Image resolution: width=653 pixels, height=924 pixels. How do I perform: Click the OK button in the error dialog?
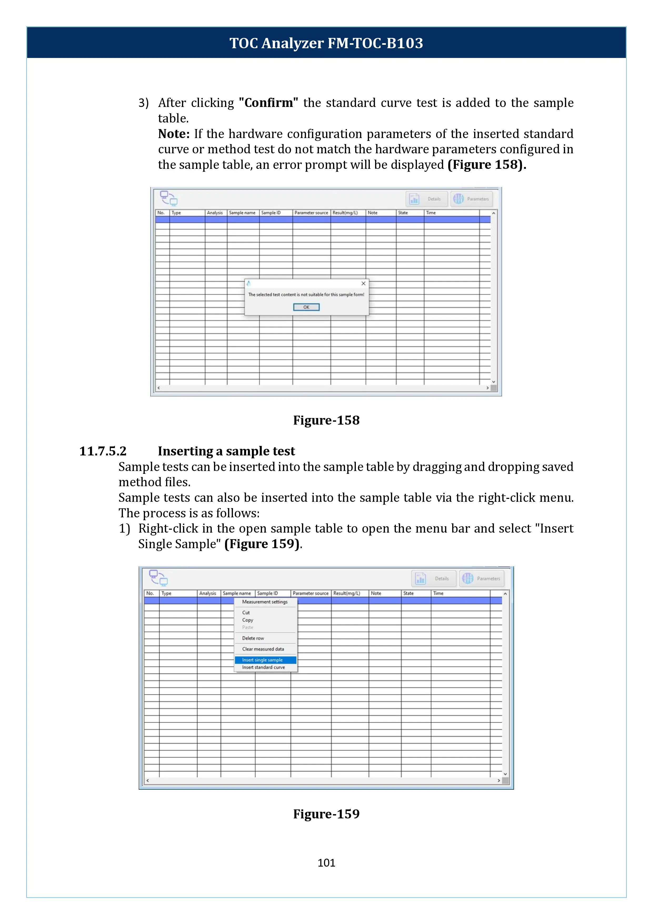(x=306, y=307)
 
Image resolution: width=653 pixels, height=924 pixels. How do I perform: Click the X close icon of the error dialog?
(x=363, y=283)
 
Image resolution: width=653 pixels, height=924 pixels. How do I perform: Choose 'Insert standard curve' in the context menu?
(x=263, y=667)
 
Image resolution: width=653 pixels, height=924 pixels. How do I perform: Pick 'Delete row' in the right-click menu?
(x=253, y=638)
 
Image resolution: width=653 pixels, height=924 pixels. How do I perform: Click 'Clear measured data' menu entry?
(x=263, y=649)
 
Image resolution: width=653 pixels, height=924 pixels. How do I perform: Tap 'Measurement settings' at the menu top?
(x=265, y=602)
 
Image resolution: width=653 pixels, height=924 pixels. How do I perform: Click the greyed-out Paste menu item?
(x=248, y=627)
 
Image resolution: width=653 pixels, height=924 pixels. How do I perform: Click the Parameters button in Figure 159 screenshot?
(x=481, y=578)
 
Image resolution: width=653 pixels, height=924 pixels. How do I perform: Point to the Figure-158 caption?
(x=326, y=420)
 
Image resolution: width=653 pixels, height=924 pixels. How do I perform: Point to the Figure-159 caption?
(x=326, y=814)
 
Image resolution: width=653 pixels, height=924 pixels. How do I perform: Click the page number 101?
(x=326, y=862)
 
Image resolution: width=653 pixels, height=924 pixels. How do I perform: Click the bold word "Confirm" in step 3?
(x=268, y=103)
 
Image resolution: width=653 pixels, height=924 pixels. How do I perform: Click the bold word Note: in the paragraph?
(x=174, y=134)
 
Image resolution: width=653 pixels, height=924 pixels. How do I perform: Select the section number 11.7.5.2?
(x=103, y=451)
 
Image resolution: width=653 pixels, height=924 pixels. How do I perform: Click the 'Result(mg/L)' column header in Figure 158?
(x=345, y=213)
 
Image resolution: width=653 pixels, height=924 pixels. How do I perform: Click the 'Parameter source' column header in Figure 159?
(x=310, y=593)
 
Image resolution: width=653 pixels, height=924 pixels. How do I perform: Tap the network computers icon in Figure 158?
(x=168, y=198)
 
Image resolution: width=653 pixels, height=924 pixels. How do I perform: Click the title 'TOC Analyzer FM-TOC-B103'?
(x=326, y=43)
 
